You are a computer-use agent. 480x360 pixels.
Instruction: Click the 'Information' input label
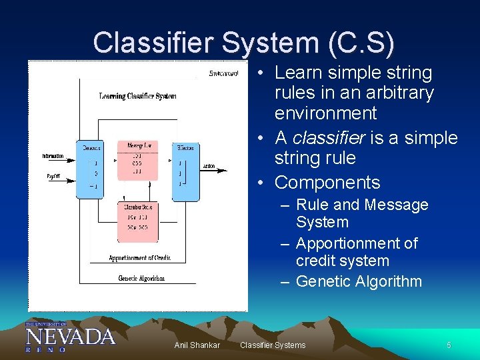53,156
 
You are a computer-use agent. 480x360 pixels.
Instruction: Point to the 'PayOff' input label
53,177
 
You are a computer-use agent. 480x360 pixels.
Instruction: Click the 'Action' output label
209,167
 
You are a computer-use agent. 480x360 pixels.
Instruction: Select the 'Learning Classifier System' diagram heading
138,97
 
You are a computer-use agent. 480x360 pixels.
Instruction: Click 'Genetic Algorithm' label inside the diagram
141,278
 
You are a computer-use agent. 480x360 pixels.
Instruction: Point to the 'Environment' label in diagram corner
223,73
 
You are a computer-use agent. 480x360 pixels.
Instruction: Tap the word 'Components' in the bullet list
327,183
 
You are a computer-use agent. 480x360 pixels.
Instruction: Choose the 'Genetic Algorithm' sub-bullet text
359,281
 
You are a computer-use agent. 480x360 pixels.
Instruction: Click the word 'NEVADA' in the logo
70,335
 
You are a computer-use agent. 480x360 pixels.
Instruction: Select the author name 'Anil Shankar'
197,345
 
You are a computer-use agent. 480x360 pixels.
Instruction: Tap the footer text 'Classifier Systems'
273,345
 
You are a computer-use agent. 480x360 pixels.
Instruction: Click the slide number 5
449,345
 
